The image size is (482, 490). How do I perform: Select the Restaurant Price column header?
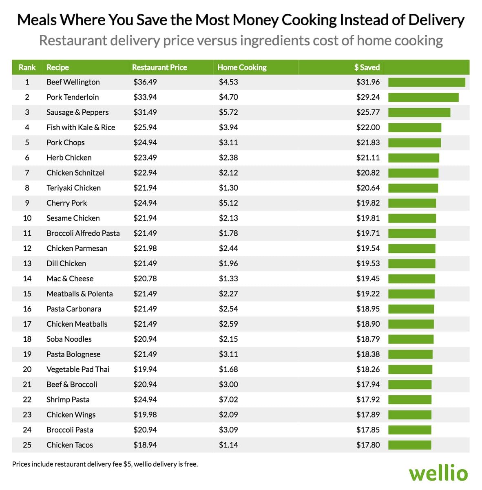[x=159, y=67]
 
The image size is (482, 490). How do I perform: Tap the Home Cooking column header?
[x=242, y=67]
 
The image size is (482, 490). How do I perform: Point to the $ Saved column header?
[x=367, y=67]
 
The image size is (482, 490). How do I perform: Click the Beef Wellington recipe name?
[x=73, y=82]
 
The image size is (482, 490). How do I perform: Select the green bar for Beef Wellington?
[x=427, y=82]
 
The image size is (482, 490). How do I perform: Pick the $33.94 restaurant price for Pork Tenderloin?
[x=145, y=97]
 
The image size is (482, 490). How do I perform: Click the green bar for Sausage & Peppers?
[x=419, y=113]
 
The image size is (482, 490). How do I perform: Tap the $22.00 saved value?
[x=368, y=127]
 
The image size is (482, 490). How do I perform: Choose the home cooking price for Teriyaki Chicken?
[x=228, y=188]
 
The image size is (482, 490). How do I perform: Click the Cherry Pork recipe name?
[x=66, y=203]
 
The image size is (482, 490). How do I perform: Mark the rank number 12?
[x=27, y=248]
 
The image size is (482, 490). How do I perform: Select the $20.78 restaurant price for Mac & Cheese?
[x=145, y=278]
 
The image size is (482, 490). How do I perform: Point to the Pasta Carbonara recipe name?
[x=74, y=309]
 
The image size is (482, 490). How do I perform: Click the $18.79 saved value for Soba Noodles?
[x=368, y=339]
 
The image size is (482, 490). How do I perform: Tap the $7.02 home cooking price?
[x=228, y=399]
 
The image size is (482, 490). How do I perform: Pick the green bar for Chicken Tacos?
[x=409, y=445]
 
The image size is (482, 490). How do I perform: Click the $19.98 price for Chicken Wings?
[x=145, y=414]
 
